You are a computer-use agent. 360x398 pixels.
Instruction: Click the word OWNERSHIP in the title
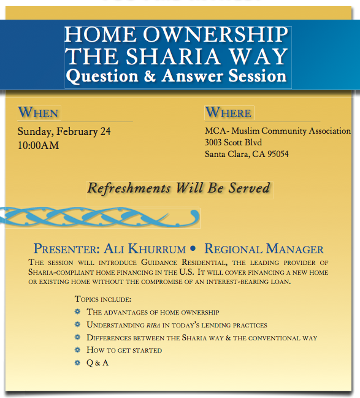coord(215,34)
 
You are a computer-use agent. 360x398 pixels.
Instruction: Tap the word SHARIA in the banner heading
coord(173,56)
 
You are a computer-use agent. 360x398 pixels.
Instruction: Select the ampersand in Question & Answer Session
coord(150,76)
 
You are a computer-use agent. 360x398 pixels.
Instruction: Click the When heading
coord(38,112)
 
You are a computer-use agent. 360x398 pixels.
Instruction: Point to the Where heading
coord(228,112)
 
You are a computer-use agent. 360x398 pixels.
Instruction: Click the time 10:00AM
coord(38,145)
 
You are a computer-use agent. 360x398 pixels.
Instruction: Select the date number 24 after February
coord(105,131)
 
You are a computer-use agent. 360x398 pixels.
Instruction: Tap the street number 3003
coord(212,142)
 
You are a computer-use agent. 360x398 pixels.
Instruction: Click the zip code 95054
coord(278,154)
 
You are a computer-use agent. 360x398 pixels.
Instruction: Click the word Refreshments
coord(129,188)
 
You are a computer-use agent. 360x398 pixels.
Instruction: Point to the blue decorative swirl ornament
coord(99,217)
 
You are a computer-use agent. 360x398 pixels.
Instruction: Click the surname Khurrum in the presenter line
coord(157,249)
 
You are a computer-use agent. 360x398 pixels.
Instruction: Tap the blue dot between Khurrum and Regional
coord(193,248)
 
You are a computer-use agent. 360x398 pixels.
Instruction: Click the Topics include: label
coord(103,299)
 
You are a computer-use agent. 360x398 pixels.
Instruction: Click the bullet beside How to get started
coord(77,350)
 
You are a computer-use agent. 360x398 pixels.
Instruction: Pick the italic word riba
coord(153,326)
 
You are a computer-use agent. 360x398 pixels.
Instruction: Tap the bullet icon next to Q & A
coord(77,362)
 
